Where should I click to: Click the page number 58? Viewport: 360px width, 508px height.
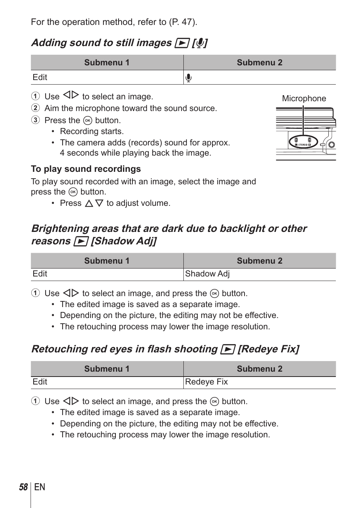pos(23,487)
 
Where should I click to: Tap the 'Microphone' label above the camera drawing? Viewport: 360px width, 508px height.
pos(304,99)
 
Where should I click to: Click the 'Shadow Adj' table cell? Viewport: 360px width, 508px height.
pos(207,274)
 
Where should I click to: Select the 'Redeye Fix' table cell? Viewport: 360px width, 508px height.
pos(206,382)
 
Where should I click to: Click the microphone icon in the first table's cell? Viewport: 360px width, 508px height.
pos(189,78)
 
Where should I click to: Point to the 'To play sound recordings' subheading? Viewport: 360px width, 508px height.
pos(86,169)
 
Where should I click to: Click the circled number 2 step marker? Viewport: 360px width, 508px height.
pos(35,108)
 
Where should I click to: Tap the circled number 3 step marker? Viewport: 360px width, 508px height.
pos(35,120)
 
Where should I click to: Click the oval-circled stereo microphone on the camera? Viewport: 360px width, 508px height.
pos(303,142)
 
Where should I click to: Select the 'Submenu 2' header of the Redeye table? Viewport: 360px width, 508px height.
pos(259,369)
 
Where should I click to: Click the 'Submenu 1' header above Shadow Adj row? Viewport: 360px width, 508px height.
pos(107,261)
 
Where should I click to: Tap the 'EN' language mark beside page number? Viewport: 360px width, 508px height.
pos(40,487)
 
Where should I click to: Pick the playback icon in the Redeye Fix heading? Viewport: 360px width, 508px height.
pos(228,349)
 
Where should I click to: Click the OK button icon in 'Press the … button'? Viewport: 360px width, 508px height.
pos(88,120)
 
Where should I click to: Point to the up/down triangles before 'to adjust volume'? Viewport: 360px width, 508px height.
pos(94,203)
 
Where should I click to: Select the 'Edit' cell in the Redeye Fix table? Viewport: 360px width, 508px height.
pos(40,382)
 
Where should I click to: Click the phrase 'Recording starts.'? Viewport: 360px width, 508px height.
pos(92,131)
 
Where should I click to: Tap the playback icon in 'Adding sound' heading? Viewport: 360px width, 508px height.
pos(182,43)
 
